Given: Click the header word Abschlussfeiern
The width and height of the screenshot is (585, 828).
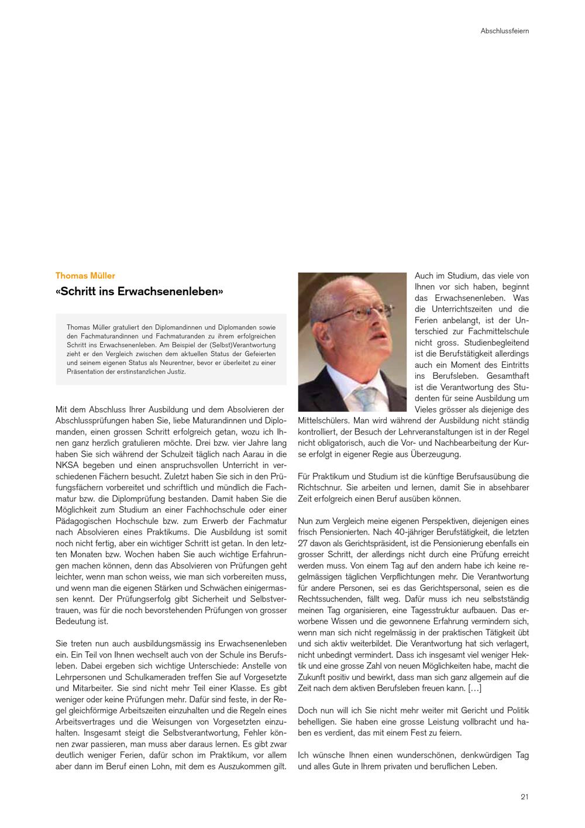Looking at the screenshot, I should click(x=504, y=31).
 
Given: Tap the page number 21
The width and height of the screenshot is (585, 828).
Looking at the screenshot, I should click(x=525, y=796).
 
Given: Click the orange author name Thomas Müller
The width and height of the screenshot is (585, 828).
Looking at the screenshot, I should click(x=85, y=275).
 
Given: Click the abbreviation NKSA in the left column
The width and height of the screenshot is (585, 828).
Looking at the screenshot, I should click(x=67, y=465).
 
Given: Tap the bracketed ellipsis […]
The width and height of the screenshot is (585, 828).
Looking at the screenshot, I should click(x=474, y=688).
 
